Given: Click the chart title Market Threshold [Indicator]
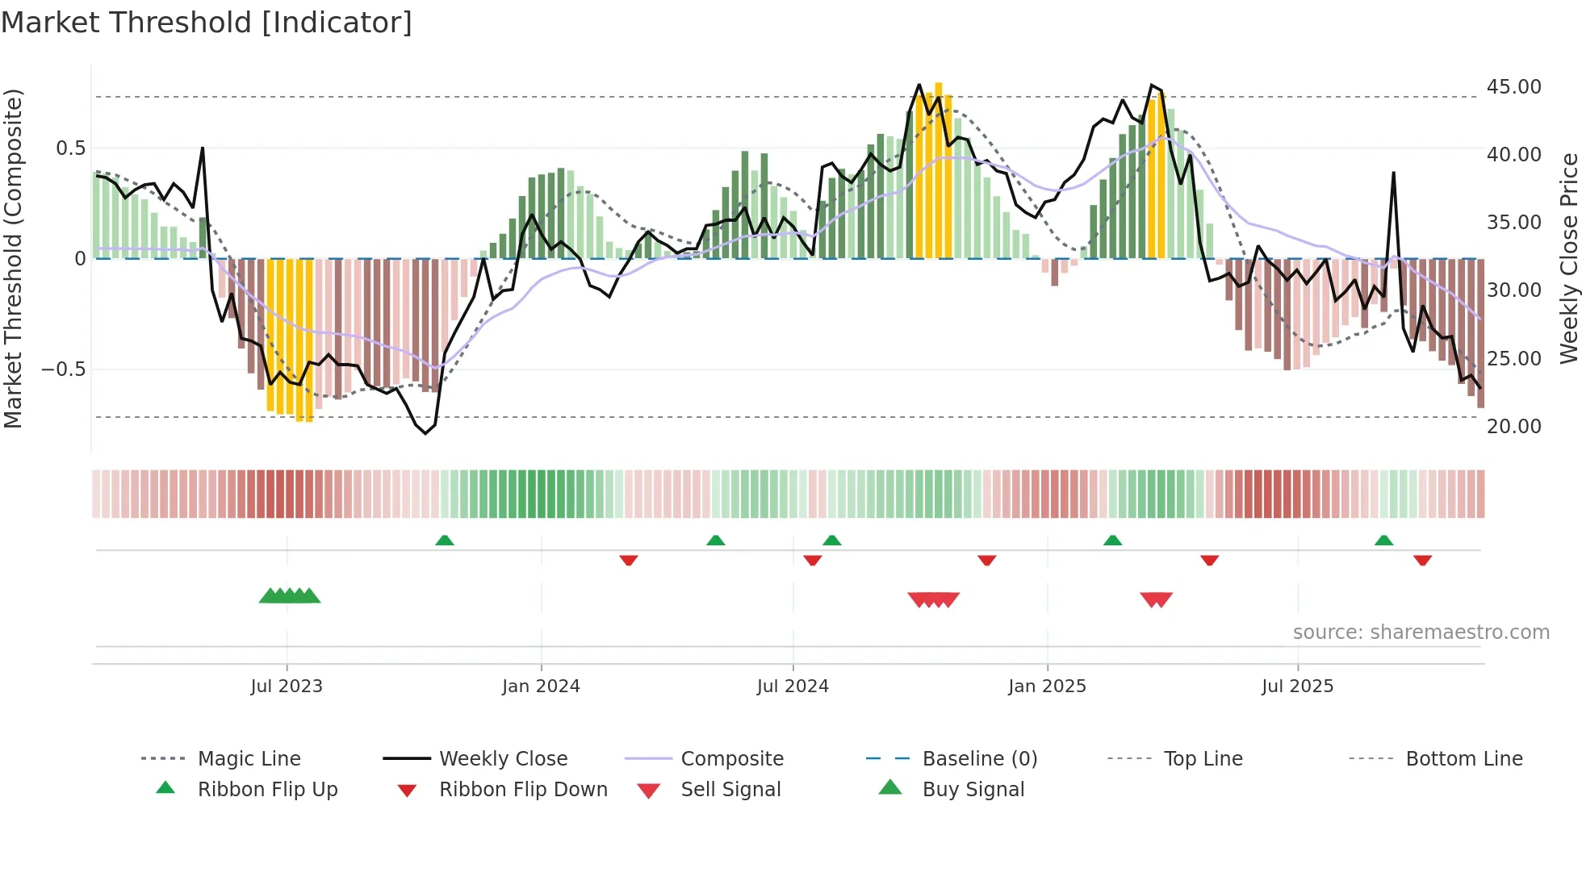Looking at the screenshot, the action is (207, 23).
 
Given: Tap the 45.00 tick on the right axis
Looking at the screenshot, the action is (1513, 87).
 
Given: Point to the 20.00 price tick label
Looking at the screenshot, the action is (1513, 427).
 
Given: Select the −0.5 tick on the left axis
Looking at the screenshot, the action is (63, 369).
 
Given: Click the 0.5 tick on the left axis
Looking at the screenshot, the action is (70, 148).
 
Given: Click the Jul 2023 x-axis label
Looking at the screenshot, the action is (287, 687).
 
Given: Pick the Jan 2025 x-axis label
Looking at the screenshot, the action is (1047, 687).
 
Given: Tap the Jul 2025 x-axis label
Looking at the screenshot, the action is (1297, 687).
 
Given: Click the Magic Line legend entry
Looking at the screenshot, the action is (249, 759).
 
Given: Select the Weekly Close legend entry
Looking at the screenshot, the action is (503, 759).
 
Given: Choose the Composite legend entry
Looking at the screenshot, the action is (732, 759).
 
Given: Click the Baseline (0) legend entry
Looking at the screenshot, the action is (979, 759).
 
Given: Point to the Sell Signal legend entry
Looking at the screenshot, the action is (730, 790).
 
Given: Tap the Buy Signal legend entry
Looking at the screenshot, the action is (973, 790).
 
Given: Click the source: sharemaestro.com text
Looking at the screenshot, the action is (1421, 632).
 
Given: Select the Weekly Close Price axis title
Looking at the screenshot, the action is (1567, 258).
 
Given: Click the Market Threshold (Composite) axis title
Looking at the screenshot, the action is (13, 258).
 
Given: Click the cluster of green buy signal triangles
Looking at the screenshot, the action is (290, 596).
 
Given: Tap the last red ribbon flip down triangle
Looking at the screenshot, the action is (1422, 560).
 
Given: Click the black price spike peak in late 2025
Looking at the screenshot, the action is (1393, 173).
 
